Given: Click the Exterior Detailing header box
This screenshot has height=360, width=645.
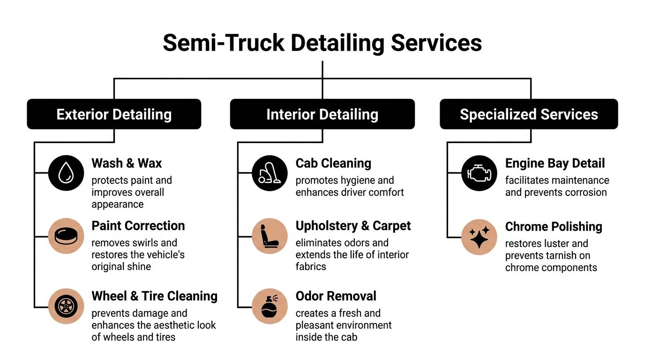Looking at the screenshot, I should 114,114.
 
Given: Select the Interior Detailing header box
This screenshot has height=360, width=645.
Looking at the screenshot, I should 322,114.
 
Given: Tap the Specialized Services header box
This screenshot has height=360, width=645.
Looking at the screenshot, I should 529,114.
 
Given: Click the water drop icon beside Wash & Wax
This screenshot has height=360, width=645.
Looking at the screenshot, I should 66,173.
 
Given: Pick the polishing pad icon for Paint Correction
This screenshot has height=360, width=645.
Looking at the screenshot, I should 66,236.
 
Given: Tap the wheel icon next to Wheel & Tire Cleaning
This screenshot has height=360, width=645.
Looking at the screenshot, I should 66,306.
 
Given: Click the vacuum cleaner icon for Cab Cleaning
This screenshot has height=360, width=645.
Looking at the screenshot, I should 270,173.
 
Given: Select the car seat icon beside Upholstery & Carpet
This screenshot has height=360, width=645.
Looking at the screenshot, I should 270,236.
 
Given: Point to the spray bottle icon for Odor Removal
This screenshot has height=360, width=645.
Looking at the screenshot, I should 270,306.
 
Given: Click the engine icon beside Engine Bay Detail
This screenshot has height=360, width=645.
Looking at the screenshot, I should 479,173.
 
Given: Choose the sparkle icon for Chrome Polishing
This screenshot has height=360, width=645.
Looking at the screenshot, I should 479,237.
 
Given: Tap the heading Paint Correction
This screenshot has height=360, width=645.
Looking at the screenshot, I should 138,225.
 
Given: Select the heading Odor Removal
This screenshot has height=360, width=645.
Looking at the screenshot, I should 336,296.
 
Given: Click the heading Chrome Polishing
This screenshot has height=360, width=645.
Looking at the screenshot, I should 554,227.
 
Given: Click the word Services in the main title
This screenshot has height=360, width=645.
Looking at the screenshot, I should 436,43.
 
